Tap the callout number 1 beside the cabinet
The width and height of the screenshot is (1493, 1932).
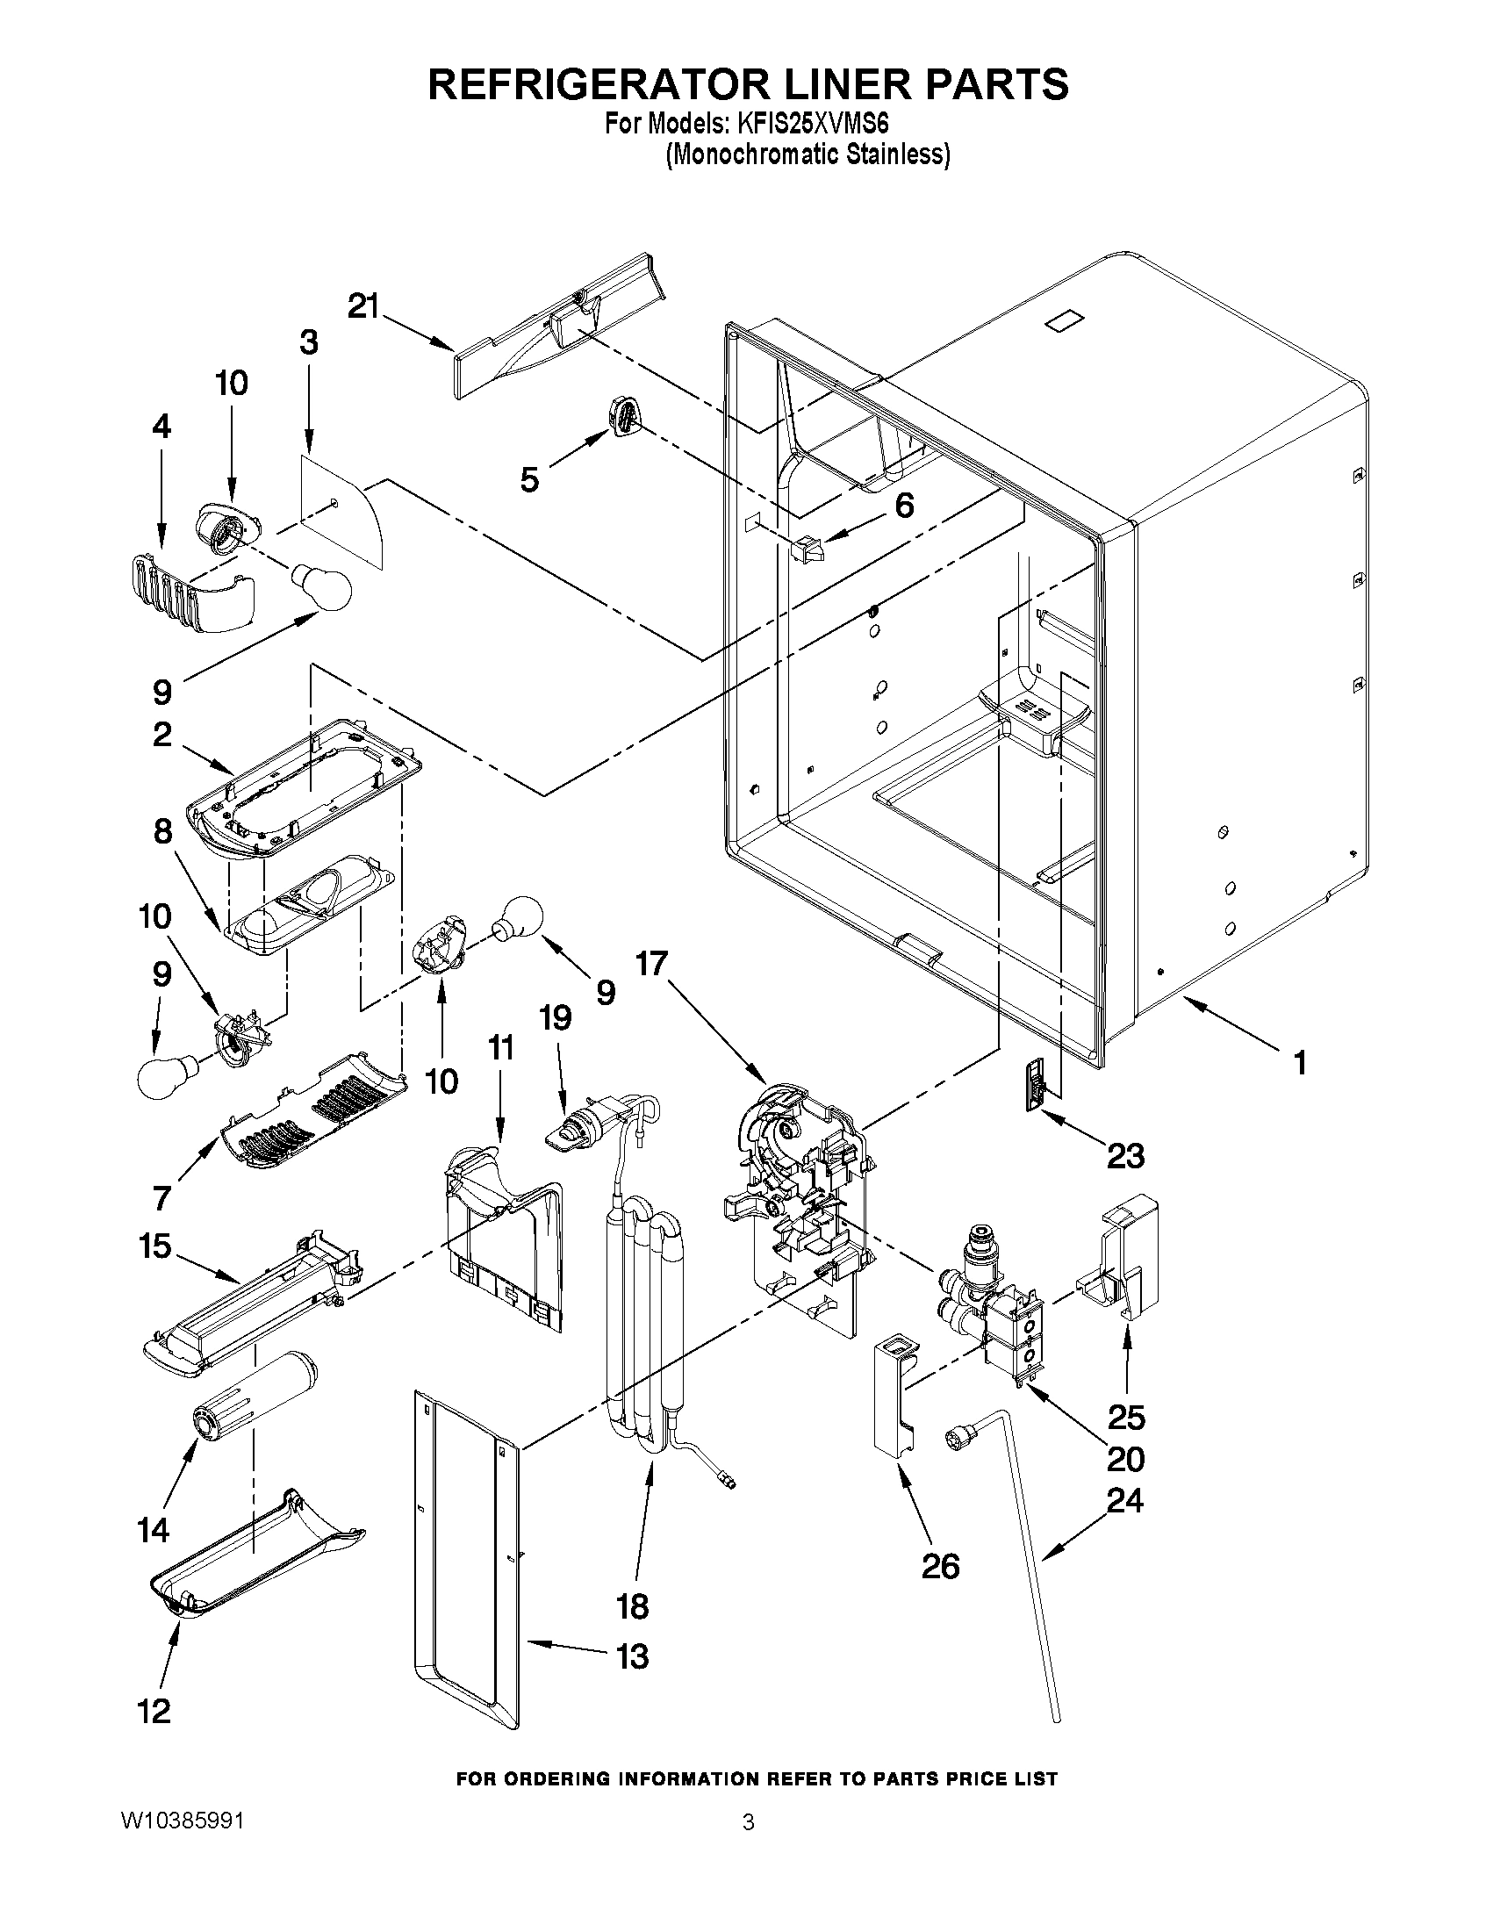click(x=1299, y=1062)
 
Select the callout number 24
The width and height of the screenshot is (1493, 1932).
click(x=1125, y=1500)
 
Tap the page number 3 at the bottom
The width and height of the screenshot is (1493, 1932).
click(x=748, y=1822)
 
